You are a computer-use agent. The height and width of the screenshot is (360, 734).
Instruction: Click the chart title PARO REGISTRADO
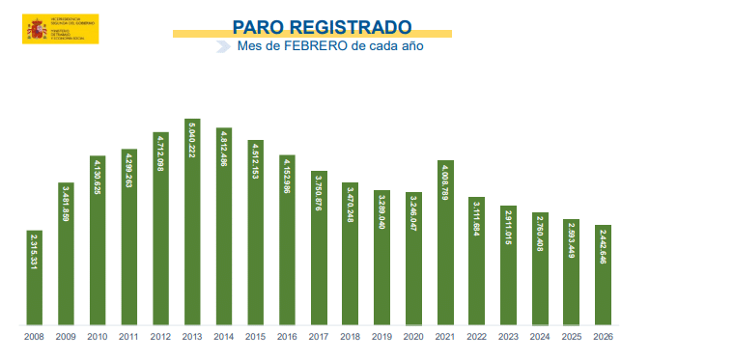pos(322,26)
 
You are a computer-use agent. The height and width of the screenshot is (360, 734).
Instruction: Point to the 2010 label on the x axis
pos(98,337)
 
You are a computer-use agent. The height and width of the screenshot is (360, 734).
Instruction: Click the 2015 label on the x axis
pos(255,337)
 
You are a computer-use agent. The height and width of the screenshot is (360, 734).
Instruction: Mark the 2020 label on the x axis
pos(413,337)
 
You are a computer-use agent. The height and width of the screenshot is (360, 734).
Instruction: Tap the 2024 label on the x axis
pos(539,337)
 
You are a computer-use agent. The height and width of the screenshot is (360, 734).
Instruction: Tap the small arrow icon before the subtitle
pos(223,45)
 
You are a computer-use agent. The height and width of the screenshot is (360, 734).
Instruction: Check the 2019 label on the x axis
pos(381,337)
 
